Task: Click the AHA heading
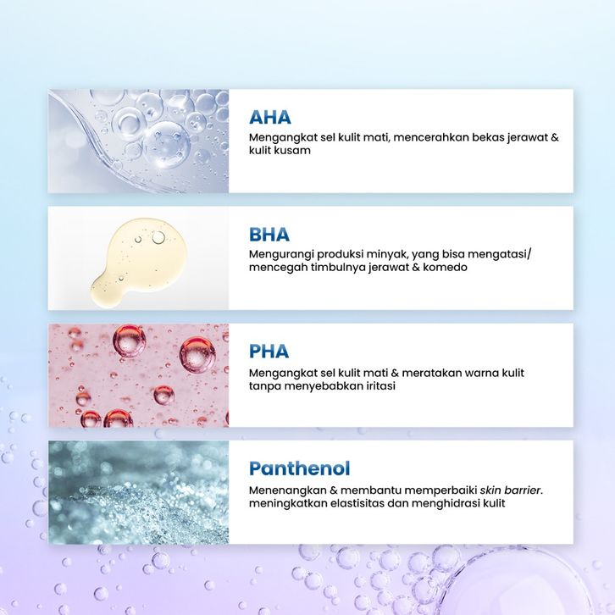pos(270,117)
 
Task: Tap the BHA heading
pos(269,234)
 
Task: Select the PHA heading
pos(269,351)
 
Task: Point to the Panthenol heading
pos(299,468)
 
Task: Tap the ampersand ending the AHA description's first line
pos(555,137)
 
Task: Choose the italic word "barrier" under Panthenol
pos(523,490)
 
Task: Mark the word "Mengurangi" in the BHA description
pos(281,254)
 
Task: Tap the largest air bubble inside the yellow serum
pos(158,237)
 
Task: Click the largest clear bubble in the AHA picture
pos(166,144)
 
